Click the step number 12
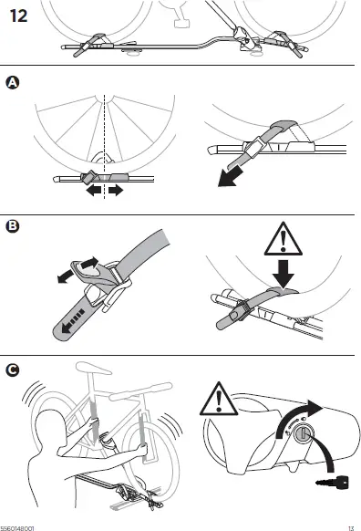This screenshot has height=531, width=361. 20,16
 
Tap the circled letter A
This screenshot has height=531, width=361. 12,83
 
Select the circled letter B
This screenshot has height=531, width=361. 12,224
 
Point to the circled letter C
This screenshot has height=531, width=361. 12,370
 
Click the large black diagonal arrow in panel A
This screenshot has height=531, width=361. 236,172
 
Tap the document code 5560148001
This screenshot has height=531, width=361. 17,526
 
